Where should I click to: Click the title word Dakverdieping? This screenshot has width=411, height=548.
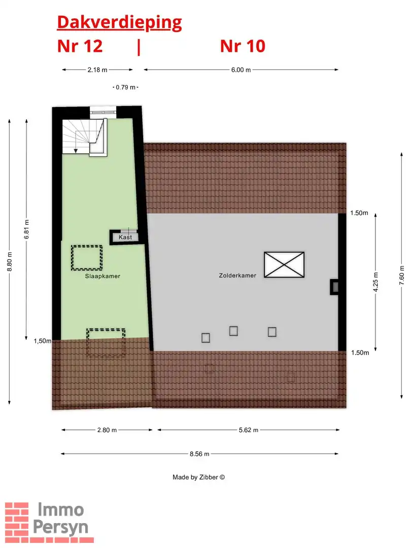[119, 22]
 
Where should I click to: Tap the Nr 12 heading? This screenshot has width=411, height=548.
[80, 46]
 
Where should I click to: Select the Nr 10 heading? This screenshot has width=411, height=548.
[243, 46]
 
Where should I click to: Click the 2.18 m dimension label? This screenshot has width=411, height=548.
[98, 70]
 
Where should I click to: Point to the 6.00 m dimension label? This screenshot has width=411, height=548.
[241, 70]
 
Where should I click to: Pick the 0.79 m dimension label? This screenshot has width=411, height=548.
[125, 87]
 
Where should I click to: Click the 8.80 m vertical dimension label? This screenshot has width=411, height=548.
[10, 261]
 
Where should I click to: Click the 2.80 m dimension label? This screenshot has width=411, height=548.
[107, 430]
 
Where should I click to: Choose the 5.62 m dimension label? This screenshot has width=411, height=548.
[248, 430]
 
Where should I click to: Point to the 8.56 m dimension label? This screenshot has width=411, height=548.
[199, 454]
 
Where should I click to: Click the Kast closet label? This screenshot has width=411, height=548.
[125, 237]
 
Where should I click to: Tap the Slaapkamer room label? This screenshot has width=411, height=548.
[99, 277]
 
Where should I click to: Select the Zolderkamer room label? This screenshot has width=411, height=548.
[237, 275]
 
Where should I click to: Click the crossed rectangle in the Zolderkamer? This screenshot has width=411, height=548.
[284, 264]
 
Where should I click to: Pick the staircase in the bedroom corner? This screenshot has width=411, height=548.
[84, 136]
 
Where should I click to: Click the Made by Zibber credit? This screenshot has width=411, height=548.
[198, 477]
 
